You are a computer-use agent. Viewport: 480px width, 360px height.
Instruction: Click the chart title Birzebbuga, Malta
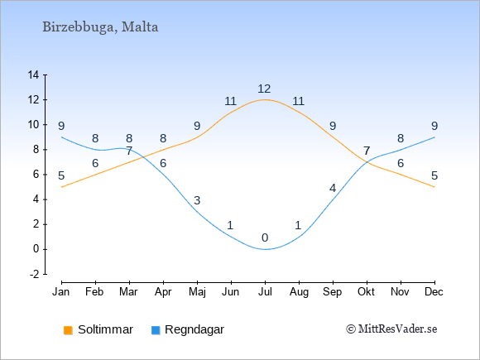coord(100,27)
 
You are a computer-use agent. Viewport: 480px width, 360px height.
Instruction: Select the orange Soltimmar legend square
coord(68,330)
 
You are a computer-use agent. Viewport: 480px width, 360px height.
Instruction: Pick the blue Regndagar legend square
coord(156,330)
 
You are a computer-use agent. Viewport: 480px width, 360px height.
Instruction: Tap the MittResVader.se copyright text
coord(391,329)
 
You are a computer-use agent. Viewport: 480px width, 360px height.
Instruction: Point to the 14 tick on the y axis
coord(33,74)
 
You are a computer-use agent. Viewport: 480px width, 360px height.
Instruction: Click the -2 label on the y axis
coord(34,274)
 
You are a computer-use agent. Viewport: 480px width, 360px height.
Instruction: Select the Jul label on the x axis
coord(265,292)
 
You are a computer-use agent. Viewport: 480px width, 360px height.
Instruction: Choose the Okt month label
coord(366,292)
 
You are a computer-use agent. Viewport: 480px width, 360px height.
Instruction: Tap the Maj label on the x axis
coord(197,292)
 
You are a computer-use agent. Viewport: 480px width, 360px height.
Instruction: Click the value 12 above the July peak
coord(264,89)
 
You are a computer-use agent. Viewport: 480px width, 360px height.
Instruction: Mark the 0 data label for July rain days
coord(265,238)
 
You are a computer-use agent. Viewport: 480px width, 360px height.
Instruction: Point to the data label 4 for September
coord(333,188)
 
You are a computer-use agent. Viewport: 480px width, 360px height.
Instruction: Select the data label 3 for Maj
coord(197,200)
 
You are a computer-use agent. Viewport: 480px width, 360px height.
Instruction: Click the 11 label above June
coord(231,101)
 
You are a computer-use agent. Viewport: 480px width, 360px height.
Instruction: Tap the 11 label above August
coord(298,101)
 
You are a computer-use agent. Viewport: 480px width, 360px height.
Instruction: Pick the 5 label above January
coord(61,175)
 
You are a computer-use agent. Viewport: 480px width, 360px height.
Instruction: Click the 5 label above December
coord(434,175)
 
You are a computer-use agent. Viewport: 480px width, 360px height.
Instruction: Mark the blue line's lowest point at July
coord(265,249)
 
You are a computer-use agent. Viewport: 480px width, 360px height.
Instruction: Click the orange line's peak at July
coord(265,99)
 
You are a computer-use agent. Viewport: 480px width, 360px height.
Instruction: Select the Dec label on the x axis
coord(434,292)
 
